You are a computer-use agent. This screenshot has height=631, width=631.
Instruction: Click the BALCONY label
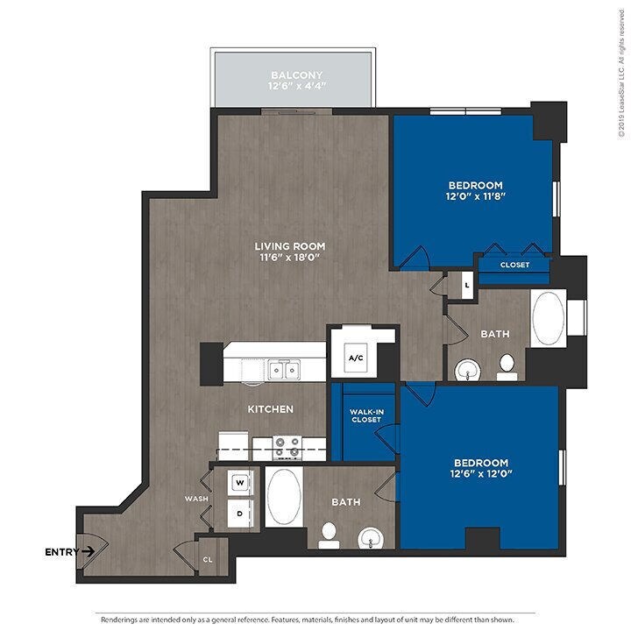[296, 75]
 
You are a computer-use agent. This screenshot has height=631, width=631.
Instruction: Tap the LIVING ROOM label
[290, 246]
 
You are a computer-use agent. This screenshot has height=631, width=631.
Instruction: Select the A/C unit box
[356, 358]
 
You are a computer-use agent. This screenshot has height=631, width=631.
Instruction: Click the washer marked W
[240, 483]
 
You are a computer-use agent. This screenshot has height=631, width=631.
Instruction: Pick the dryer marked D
[240, 514]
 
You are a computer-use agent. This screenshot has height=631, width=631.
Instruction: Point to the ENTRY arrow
[89, 551]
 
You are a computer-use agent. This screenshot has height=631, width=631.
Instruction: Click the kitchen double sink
[284, 370]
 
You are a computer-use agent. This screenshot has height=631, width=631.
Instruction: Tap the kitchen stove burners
[287, 448]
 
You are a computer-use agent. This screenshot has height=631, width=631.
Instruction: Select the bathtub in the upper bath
[548, 318]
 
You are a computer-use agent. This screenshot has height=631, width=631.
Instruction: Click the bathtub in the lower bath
[284, 497]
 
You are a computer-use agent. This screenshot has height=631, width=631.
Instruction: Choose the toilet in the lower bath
[329, 536]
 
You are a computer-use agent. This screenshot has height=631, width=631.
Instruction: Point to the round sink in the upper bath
[467, 370]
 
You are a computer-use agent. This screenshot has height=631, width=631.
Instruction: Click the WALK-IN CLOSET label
[366, 415]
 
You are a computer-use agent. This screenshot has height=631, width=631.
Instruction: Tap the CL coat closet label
[208, 560]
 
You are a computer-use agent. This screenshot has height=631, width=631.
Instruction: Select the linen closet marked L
[467, 286]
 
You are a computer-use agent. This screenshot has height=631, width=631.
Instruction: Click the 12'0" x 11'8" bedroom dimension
[475, 196]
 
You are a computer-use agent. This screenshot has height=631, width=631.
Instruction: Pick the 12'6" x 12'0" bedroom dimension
[481, 473]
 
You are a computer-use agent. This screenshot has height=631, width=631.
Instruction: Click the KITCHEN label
[271, 409]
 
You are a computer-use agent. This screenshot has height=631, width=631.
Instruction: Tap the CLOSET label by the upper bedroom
[514, 265]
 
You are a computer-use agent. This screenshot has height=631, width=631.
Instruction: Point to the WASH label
[196, 499]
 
